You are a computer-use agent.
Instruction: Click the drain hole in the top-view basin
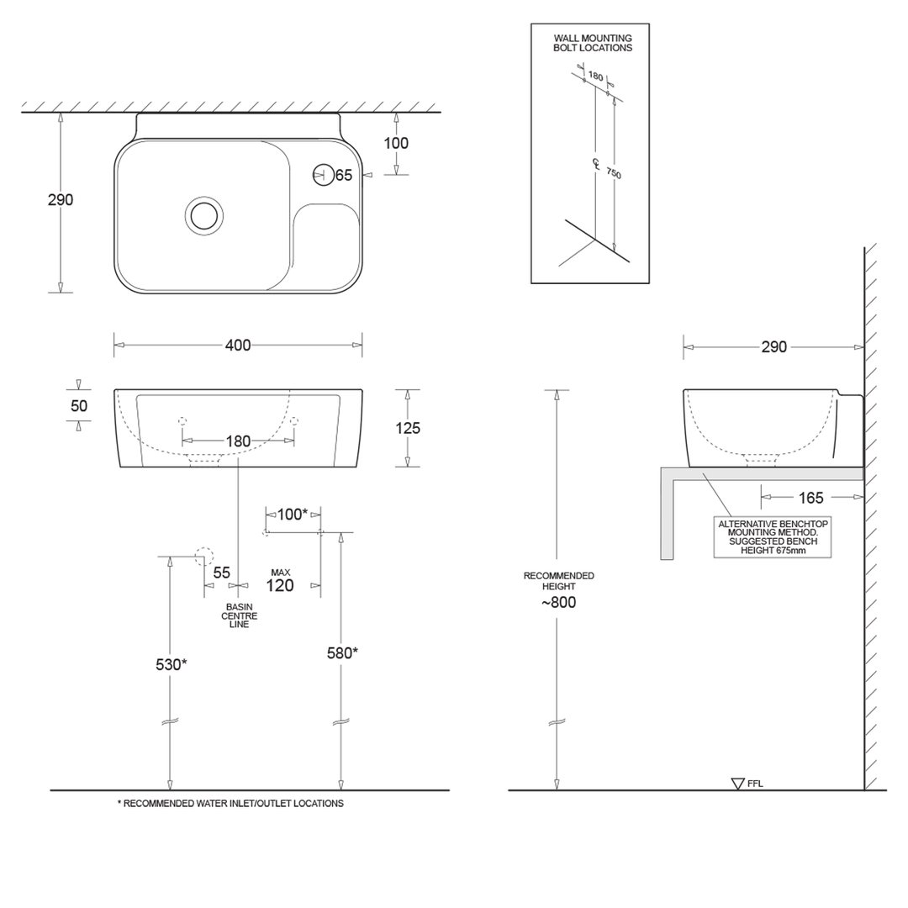204,215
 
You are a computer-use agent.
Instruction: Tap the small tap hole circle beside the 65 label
323,175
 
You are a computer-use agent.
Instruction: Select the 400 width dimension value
238,345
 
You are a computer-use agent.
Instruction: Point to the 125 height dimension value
408,428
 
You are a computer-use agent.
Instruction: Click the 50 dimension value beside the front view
79,405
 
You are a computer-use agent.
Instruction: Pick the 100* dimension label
292,514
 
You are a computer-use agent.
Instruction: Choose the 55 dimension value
221,573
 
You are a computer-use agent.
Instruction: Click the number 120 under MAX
280,586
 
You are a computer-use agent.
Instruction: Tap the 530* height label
171,664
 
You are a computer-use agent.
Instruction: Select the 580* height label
342,652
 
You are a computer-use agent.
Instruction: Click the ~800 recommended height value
558,602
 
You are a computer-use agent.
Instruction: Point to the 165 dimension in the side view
810,498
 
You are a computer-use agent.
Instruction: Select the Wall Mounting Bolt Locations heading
592,43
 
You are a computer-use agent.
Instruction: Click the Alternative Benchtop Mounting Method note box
772,537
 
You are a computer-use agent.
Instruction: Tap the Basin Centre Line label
240,615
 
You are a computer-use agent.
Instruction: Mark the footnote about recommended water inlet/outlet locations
230,804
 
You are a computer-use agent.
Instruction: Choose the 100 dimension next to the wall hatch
396,143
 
